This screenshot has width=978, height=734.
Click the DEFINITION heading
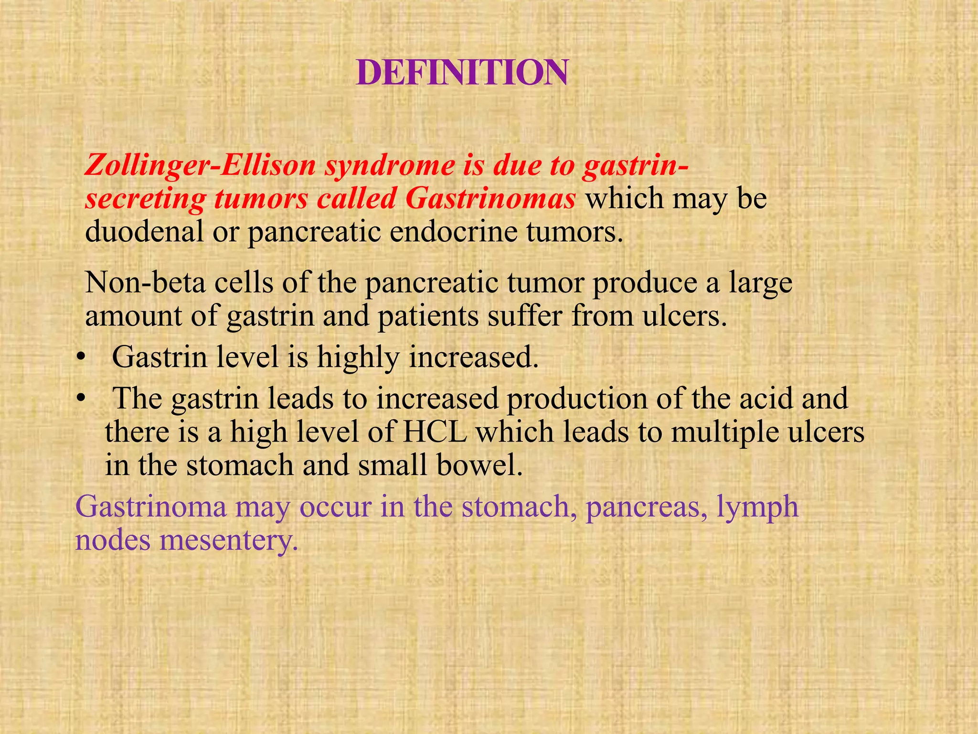pyautogui.click(x=462, y=73)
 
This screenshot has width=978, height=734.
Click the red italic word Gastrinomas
pyautogui.click(x=490, y=198)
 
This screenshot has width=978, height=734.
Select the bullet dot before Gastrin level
pyautogui.click(x=82, y=357)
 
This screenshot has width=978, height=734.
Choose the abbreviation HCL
pyautogui.click(x=435, y=432)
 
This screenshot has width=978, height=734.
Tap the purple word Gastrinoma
pyautogui.click(x=151, y=507)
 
